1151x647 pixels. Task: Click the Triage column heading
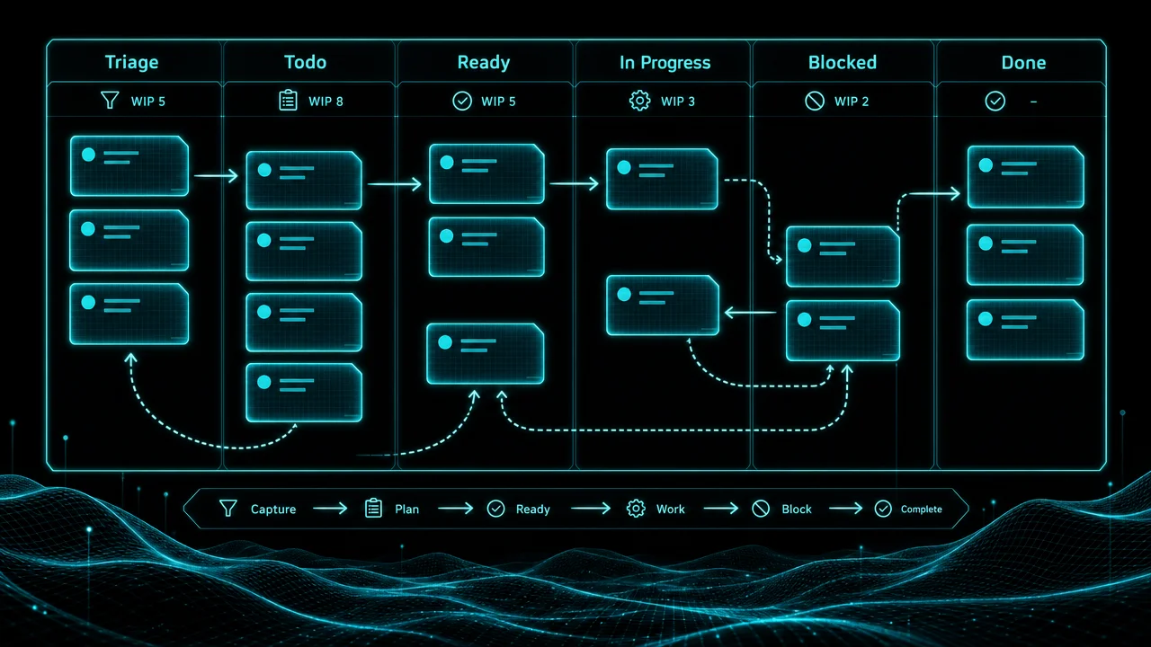[x=132, y=63]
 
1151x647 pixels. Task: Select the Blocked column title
[x=843, y=63]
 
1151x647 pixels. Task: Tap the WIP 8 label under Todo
[x=326, y=102]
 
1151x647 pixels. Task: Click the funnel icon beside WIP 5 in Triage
[x=110, y=100]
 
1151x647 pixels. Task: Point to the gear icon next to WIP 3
[x=639, y=101]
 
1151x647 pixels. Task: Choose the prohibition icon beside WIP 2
[x=815, y=102]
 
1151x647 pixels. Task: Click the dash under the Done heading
[x=1033, y=102]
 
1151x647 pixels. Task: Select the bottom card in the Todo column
[x=304, y=393]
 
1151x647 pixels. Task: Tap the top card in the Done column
[x=1026, y=177]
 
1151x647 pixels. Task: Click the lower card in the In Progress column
[x=663, y=306]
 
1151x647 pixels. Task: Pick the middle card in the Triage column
[x=129, y=240]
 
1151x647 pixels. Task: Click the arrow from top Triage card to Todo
[x=216, y=176]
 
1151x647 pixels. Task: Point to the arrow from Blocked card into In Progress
[x=750, y=312]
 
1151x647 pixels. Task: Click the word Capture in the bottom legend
[x=273, y=510]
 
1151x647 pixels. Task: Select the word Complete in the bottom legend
[x=922, y=510]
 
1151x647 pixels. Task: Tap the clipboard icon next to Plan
[x=373, y=509]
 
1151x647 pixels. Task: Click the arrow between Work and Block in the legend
[x=721, y=509]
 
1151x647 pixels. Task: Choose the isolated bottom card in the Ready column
[x=485, y=353]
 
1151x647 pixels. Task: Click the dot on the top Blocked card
[x=804, y=245]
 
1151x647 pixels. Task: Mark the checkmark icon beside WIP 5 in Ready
[x=462, y=101]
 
